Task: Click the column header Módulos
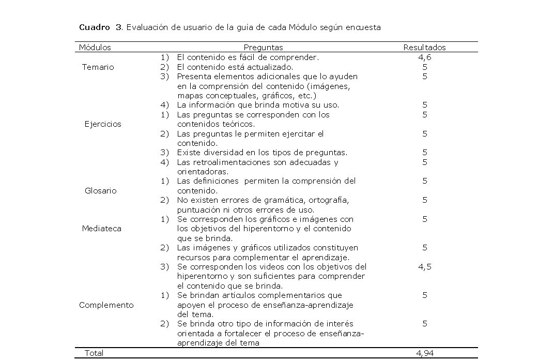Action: click(95, 48)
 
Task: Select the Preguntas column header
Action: click(263, 48)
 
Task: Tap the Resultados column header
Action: click(424, 48)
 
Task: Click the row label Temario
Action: click(98, 67)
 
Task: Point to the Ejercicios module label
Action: click(103, 124)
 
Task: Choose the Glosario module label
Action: click(100, 191)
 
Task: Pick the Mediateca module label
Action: click(101, 229)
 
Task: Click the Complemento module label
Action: click(106, 305)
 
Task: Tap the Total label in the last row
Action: click(94, 353)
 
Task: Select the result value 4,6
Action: click(424, 57)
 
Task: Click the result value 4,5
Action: click(424, 267)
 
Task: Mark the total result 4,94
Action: click(424, 353)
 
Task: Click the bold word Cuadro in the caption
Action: click(94, 27)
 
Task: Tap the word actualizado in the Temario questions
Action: click(273, 67)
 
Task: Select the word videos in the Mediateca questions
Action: click(267, 267)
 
